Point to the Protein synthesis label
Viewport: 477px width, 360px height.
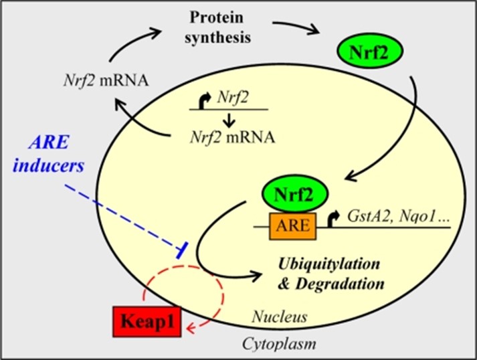[x=219, y=27]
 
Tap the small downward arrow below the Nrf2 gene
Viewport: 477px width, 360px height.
[x=227, y=120]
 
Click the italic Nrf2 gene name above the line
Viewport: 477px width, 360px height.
[x=233, y=98]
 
